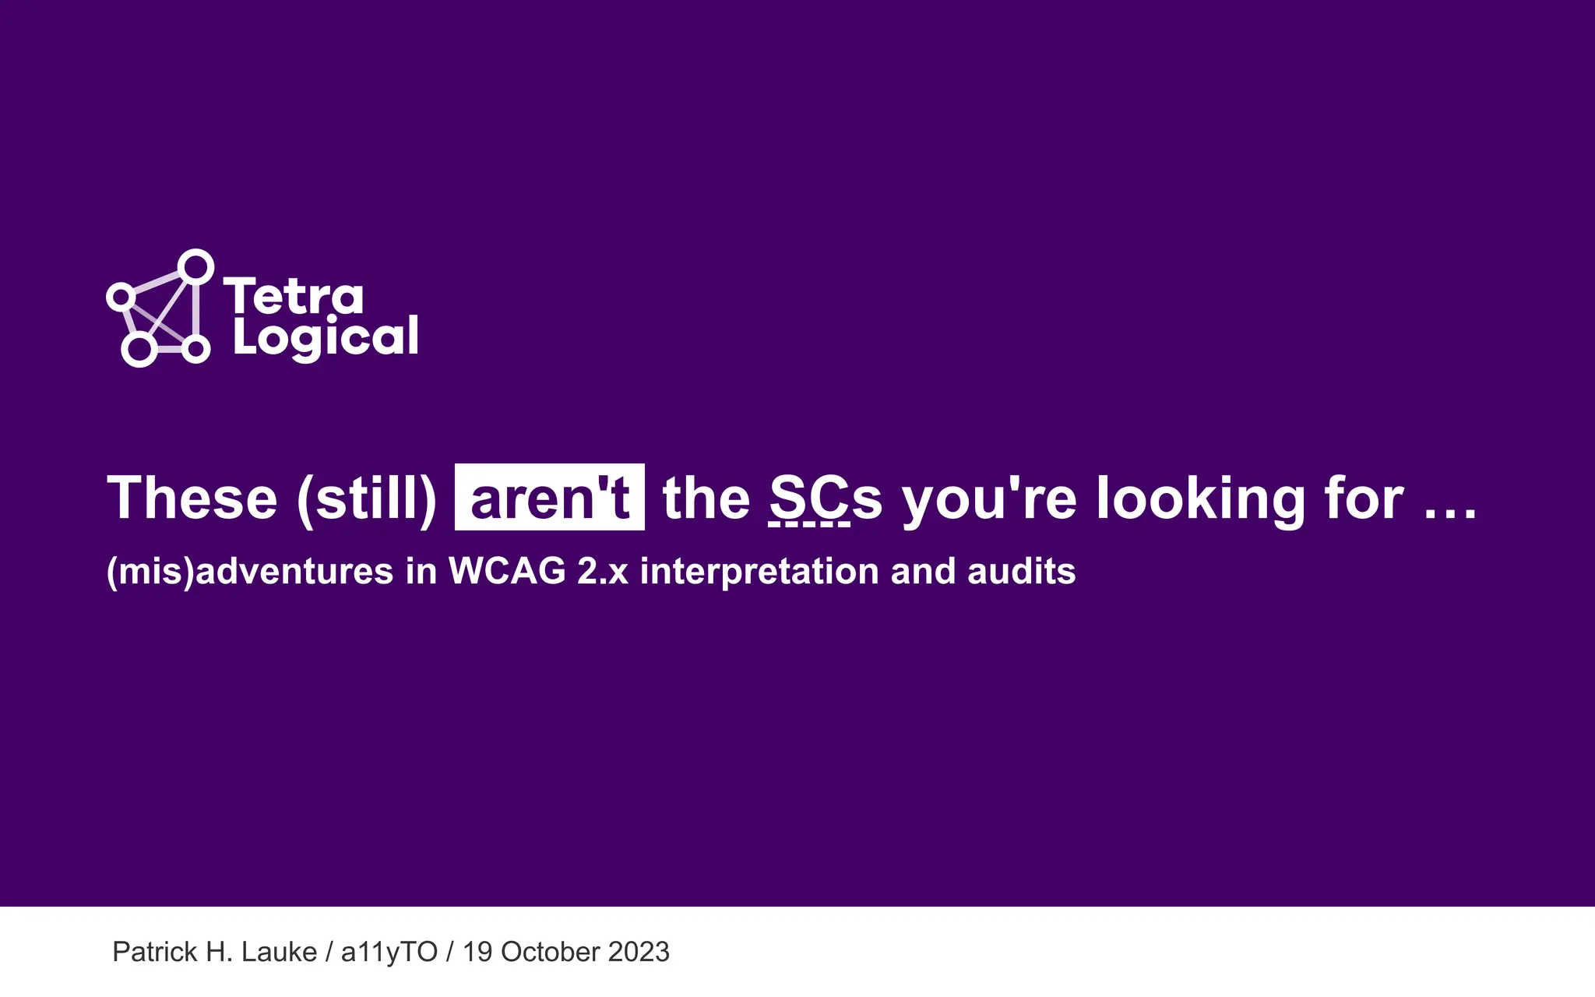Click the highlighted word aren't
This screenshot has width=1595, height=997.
tap(550, 498)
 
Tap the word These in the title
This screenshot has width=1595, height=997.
tap(192, 498)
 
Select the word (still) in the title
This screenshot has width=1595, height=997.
tap(367, 498)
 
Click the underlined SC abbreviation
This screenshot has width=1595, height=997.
tap(809, 498)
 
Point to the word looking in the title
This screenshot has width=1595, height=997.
tap(1200, 498)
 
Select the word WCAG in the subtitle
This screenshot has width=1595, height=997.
tap(507, 571)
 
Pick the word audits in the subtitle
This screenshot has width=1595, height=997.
tap(1022, 571)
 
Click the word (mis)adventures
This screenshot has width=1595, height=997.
tap(250, 571)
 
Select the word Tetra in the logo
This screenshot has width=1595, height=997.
tap(294, 297)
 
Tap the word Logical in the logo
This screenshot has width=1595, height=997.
tap(326, 337)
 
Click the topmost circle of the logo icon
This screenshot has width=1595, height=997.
tap(196, 267)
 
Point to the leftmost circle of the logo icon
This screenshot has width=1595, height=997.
tap(121, 296)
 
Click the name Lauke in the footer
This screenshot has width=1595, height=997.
tap(279, 952)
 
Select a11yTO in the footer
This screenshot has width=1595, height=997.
tap(389, 952)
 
